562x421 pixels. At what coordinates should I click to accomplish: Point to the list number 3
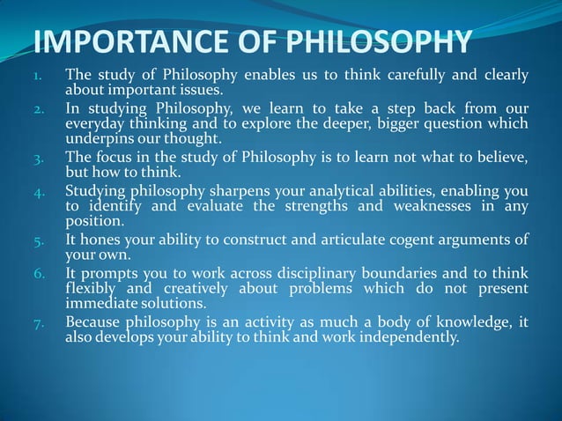(38, 159)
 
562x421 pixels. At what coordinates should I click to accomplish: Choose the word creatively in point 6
(201, 288)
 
